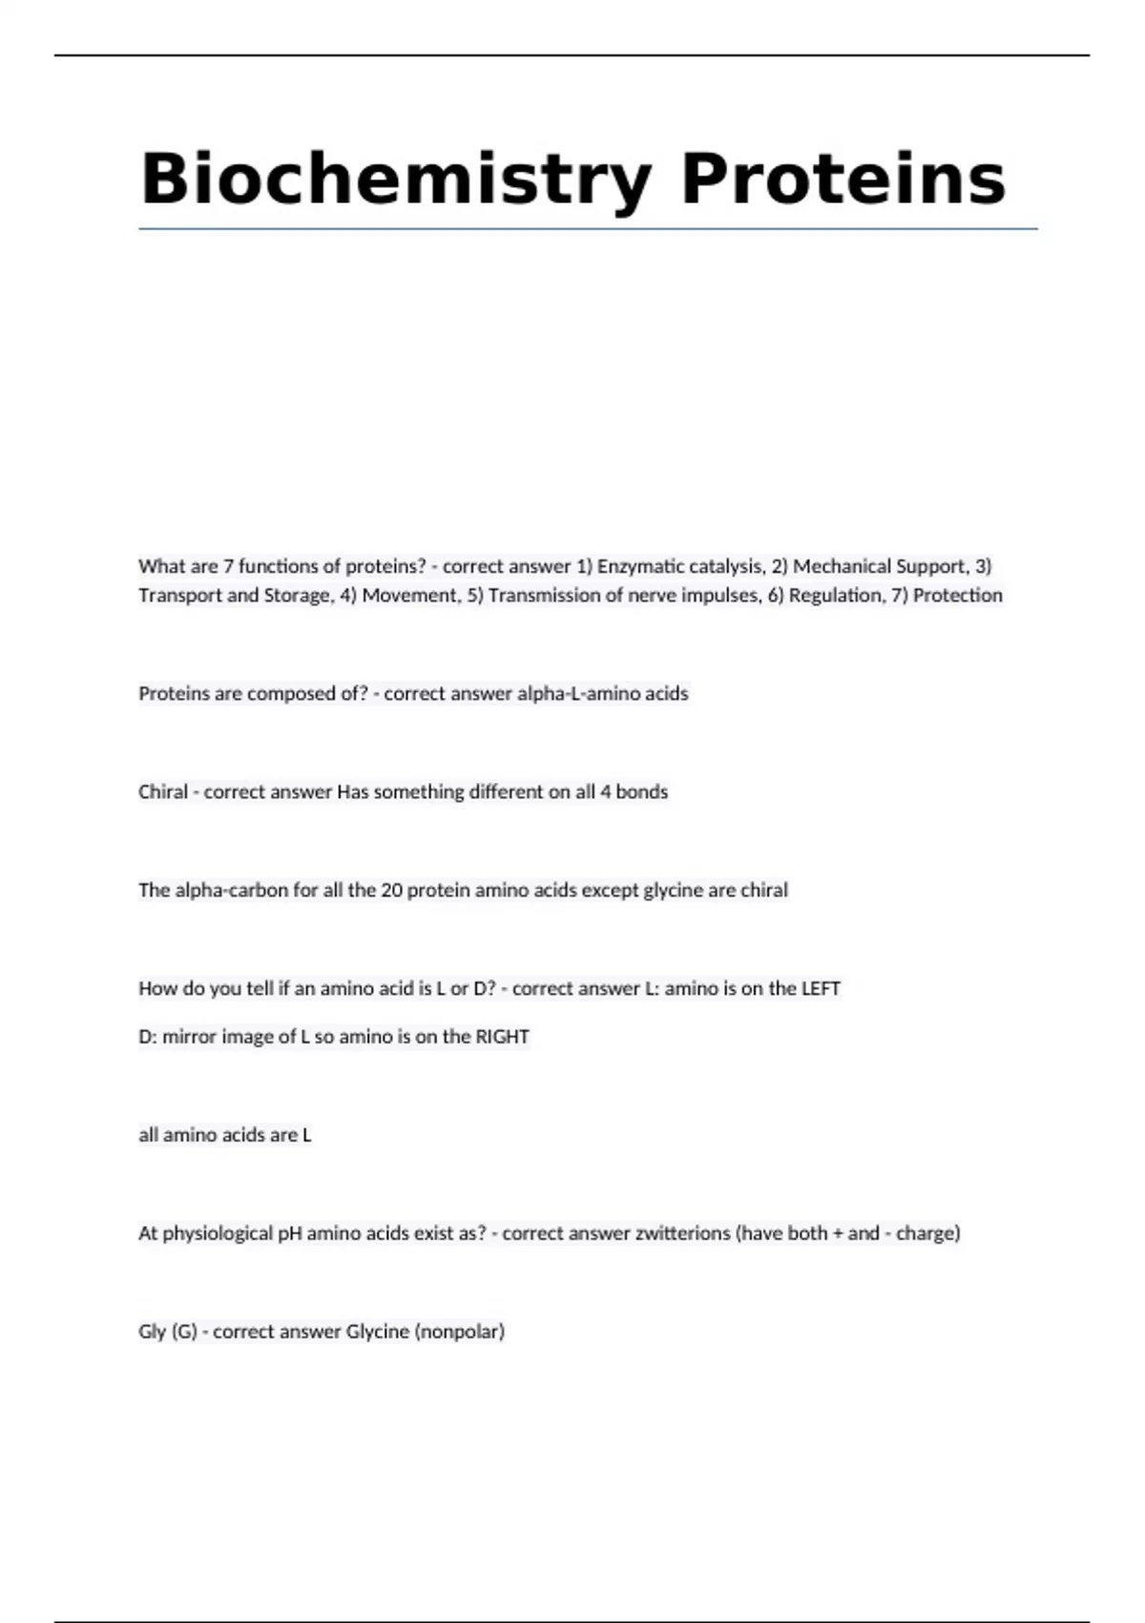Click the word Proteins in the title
(843, 179)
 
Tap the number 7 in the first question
(228, 566)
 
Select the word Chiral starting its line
(163, 792)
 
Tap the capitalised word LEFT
(821, 989)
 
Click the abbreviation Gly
(152, 1332)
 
